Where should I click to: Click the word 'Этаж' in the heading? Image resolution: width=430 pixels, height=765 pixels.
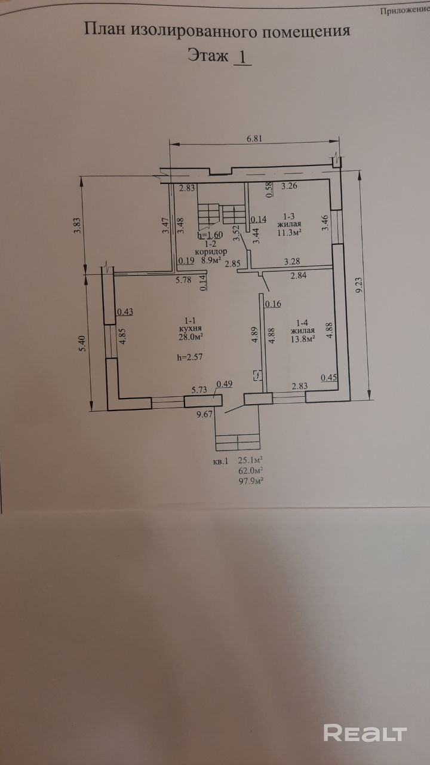coord(208,56)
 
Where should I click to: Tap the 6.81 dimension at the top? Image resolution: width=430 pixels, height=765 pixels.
coord(255,138)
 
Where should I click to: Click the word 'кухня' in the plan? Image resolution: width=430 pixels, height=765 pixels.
coord(192,329)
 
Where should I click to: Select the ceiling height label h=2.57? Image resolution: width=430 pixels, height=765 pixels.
coord(192,357)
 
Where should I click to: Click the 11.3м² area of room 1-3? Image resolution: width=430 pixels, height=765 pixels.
coord(289,232)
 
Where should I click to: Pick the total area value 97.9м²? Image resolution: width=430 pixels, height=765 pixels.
coord(251,480)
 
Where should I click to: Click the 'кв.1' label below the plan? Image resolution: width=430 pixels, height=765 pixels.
coord(220,461)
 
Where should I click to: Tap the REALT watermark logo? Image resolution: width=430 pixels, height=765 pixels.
coord(365,733)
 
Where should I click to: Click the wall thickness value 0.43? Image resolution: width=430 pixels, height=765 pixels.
coord(125,311)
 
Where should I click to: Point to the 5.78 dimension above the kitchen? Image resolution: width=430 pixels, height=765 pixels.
coord(183,279)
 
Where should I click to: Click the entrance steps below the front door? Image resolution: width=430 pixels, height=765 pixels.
coord(237,442)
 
